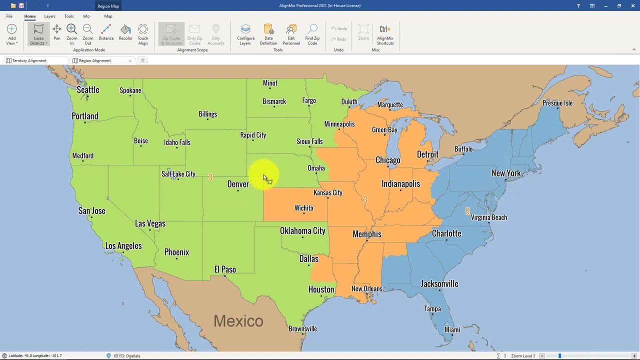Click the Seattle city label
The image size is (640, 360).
pos(88,90)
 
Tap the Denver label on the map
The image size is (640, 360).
pos(238,184)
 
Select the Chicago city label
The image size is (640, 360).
pos(388,160)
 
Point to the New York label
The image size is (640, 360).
pos(506,173)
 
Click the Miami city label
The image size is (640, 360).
pos(452,329)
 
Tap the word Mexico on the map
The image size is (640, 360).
pos(238,321)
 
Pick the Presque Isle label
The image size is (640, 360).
pos(557,103)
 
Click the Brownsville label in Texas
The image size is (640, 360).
pos(302,328)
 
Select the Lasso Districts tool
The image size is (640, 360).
pos(38,35)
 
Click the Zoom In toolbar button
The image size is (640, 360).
pos(71,35)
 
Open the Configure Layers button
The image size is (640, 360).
pos(245,35)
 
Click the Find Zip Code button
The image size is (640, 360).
pos(312,35)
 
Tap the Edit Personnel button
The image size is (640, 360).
pos(291,35)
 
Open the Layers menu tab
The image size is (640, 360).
pos(49,16)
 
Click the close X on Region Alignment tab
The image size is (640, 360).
pos(130,60)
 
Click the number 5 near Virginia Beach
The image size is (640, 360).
pos(467,211)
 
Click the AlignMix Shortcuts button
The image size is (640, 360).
pos(385,35)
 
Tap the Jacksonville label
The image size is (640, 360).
pos(439,284)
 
